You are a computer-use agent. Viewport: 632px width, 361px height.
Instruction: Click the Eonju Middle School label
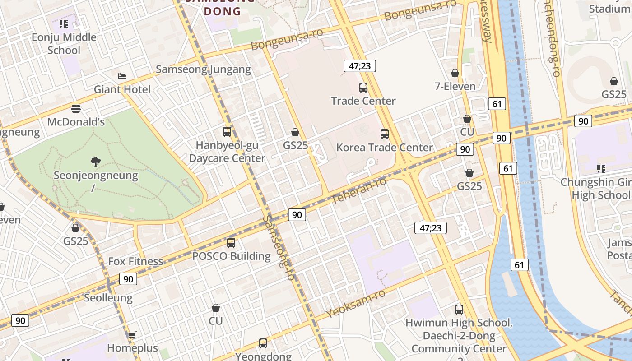click(x=64, y=44)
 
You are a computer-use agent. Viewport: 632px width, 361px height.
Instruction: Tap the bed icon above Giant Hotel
click(x=122, y=76)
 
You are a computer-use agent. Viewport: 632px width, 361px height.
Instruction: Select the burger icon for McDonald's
click(x=76, y=109)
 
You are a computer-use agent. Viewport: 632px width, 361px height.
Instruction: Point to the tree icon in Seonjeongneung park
click(x=95, y=162)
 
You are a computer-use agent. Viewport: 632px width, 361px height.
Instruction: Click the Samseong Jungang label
click(x=203, y=69)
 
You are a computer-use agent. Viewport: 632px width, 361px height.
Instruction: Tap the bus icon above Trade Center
click(x=363, y=88)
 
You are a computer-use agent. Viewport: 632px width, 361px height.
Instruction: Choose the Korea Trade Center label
click(x=385, y=148)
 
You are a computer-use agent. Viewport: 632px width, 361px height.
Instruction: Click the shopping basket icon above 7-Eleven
click(x=455, y=73)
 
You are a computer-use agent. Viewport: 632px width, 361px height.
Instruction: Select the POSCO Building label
click(x=231, y=256)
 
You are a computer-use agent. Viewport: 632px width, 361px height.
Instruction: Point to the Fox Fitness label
click(x=135, y=261)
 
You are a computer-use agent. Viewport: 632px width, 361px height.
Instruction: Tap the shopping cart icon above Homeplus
click(x=132, y=335)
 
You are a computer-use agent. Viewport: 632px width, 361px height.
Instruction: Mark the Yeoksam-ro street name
click(x=356, y=303)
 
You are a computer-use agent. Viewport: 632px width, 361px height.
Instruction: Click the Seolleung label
click(x=108, y=298)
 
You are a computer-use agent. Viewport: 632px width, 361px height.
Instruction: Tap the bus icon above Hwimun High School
click(x=459, y=310)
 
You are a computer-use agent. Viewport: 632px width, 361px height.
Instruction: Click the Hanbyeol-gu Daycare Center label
click(x=227, y=152)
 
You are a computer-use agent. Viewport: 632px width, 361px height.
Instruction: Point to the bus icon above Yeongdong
click(x=263, y=343)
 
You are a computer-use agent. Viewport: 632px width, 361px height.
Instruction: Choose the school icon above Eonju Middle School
click(x=64, y=23)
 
